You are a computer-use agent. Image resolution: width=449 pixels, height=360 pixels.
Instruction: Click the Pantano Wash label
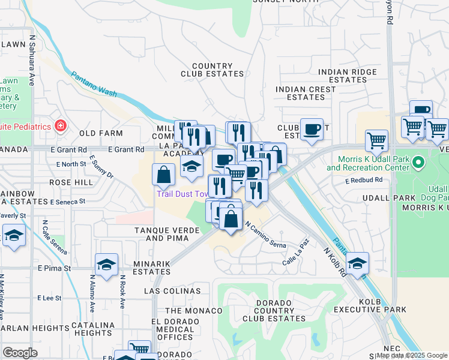tap(94, 85)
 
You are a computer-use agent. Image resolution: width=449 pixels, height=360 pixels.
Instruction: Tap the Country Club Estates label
tap(212, 70)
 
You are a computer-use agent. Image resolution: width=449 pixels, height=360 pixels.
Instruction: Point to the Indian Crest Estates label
tap(306, 93)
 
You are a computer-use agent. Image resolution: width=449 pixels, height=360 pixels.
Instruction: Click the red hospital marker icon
tap(60, 126)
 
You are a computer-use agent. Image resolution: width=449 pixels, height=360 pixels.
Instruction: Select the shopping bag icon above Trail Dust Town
tap(164, 175)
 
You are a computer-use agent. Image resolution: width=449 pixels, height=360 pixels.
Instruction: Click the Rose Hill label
tap(71, 182)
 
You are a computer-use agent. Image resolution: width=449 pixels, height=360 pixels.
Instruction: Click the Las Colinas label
tap(172, 291)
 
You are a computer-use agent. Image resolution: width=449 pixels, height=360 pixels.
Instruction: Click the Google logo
tap(20, 352)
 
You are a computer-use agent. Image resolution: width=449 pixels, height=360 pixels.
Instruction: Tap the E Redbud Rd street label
tap(364, 180)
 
